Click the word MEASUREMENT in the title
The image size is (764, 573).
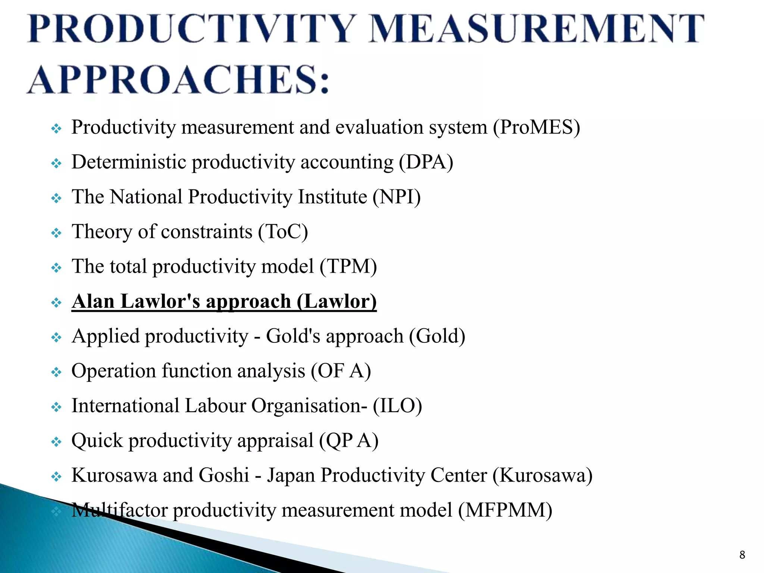[x=536, y=29]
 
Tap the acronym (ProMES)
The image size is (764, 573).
[x=536, y=128]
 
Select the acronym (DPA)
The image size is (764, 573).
[x=426, y=163]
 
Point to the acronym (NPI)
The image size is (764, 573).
[x=397, y=197]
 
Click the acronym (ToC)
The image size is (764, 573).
[x=283, y=232]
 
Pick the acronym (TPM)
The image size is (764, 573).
[x=348, y=267]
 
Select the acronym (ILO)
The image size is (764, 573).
[x=397, y=406]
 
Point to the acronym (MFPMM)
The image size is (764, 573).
[x=505, y=510]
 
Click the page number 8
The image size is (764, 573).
[x=742, y=555]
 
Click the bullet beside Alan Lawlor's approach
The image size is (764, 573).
[x=56, y=303]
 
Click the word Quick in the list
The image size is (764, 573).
[x=97, y=441]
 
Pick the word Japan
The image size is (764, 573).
[x=291, y=476]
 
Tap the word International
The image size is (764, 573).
[x=125, y=406]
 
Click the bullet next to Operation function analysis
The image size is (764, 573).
[x=56, y=372]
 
